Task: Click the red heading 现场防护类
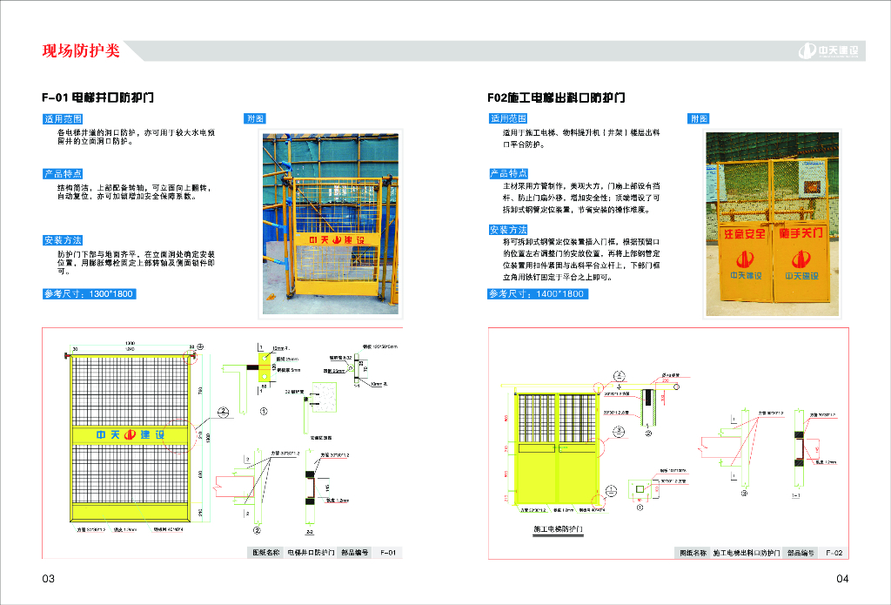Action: click(x=81, y=50)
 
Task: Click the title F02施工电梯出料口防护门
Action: click(x=556, y=97)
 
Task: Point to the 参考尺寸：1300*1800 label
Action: click(x=89, y=294)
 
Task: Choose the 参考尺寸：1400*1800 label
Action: click(x=538, y=294)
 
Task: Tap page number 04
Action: click(x=842, y=579)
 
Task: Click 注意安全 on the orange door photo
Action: click(x=744, y=234)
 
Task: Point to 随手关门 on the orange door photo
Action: click(x=801, y=234)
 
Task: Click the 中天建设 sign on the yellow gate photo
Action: click(x=336, y=239)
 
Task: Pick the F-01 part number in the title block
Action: click(x=387, y=553)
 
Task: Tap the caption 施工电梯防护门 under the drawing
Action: click(x=558, y=528)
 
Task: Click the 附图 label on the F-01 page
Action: click(x=256, y=118)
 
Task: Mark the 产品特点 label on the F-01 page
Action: click(x=63, y=174)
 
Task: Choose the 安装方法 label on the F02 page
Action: click(x=508, y=230)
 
